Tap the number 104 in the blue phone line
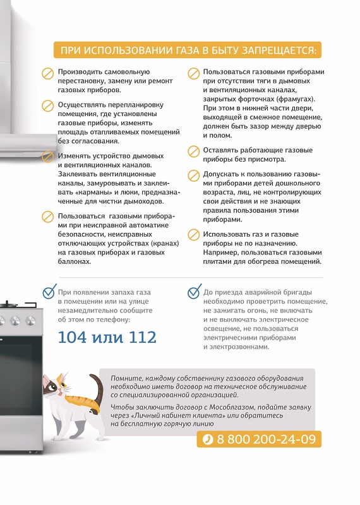click(x=73, y=337)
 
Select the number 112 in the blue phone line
click(x=143, y=337)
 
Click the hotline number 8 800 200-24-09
click(x=267, y=439)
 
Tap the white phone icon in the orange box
click(x=208, y=439)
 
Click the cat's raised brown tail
click(x=97, y=386)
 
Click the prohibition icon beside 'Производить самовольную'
click(x=48, y=73)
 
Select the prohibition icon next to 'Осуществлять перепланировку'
click(x=48, y=106)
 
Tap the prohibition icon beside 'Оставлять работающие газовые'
click(x=193, y=151)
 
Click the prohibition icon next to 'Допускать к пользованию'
click(x=193, y=175)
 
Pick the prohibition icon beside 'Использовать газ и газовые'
click(x=193, y=235)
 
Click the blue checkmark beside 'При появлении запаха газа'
click(x=50, y=292)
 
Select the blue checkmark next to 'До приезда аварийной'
click(x=195, y=292)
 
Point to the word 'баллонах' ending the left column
click(x=75, y=261)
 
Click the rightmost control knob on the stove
click(x=30, y=321)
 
